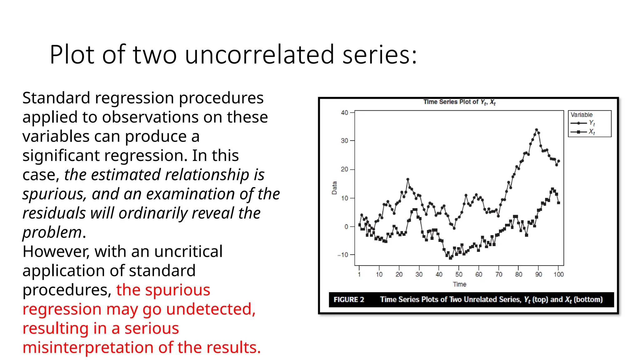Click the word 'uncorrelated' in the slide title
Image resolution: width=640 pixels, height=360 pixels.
(259, 55)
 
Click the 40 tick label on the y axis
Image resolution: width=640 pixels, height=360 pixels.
(344, 112)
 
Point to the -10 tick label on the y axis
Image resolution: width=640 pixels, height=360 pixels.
(343, 255)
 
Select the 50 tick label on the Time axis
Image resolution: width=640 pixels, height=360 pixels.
(459, 274)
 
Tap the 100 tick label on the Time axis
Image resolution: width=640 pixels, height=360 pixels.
(558, 274)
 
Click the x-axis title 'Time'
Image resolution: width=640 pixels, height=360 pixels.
(459, 284)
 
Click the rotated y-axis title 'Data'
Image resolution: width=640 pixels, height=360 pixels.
(334, 188)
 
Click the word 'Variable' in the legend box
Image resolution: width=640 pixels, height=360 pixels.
(581, 115)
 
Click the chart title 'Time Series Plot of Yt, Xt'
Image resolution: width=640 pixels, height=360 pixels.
(459, 102)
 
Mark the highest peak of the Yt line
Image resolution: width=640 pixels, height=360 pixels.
(537, 129)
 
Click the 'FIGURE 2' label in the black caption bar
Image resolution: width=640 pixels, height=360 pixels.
(349, 300)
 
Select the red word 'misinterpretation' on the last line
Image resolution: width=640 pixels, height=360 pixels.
(88, 347)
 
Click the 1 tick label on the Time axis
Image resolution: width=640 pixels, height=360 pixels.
(359, 274)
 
